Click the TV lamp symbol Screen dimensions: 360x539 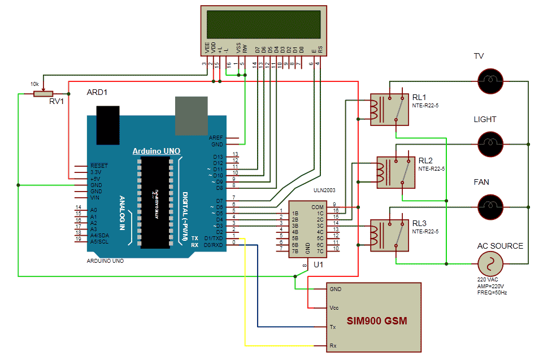(490, 81)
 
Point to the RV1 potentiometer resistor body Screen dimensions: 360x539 (42, 94)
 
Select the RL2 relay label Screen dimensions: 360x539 (425, 161)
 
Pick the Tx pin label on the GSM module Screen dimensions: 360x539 (333, 327)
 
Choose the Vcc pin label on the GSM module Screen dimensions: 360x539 (334, 307)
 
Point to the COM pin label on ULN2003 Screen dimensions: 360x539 (318, 207)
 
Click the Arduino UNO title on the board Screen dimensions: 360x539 (156, 151)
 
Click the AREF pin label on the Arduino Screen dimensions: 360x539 (216, 137)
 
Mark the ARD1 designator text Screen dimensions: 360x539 (97, 92)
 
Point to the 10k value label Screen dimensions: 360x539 (35, 84)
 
